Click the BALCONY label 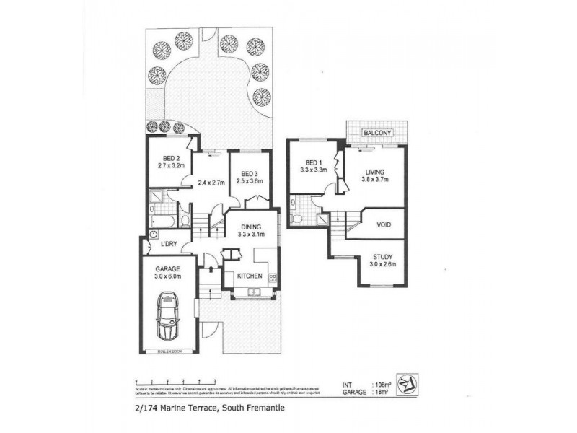click(378, 133)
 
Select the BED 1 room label click(313, 163)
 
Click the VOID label click(384, 224)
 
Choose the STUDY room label click(383, 257)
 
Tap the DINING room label click(251, 227)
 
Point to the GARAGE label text click(166, 268)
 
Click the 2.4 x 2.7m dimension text click(211, 183)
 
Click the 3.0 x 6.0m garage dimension click(166, 276)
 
